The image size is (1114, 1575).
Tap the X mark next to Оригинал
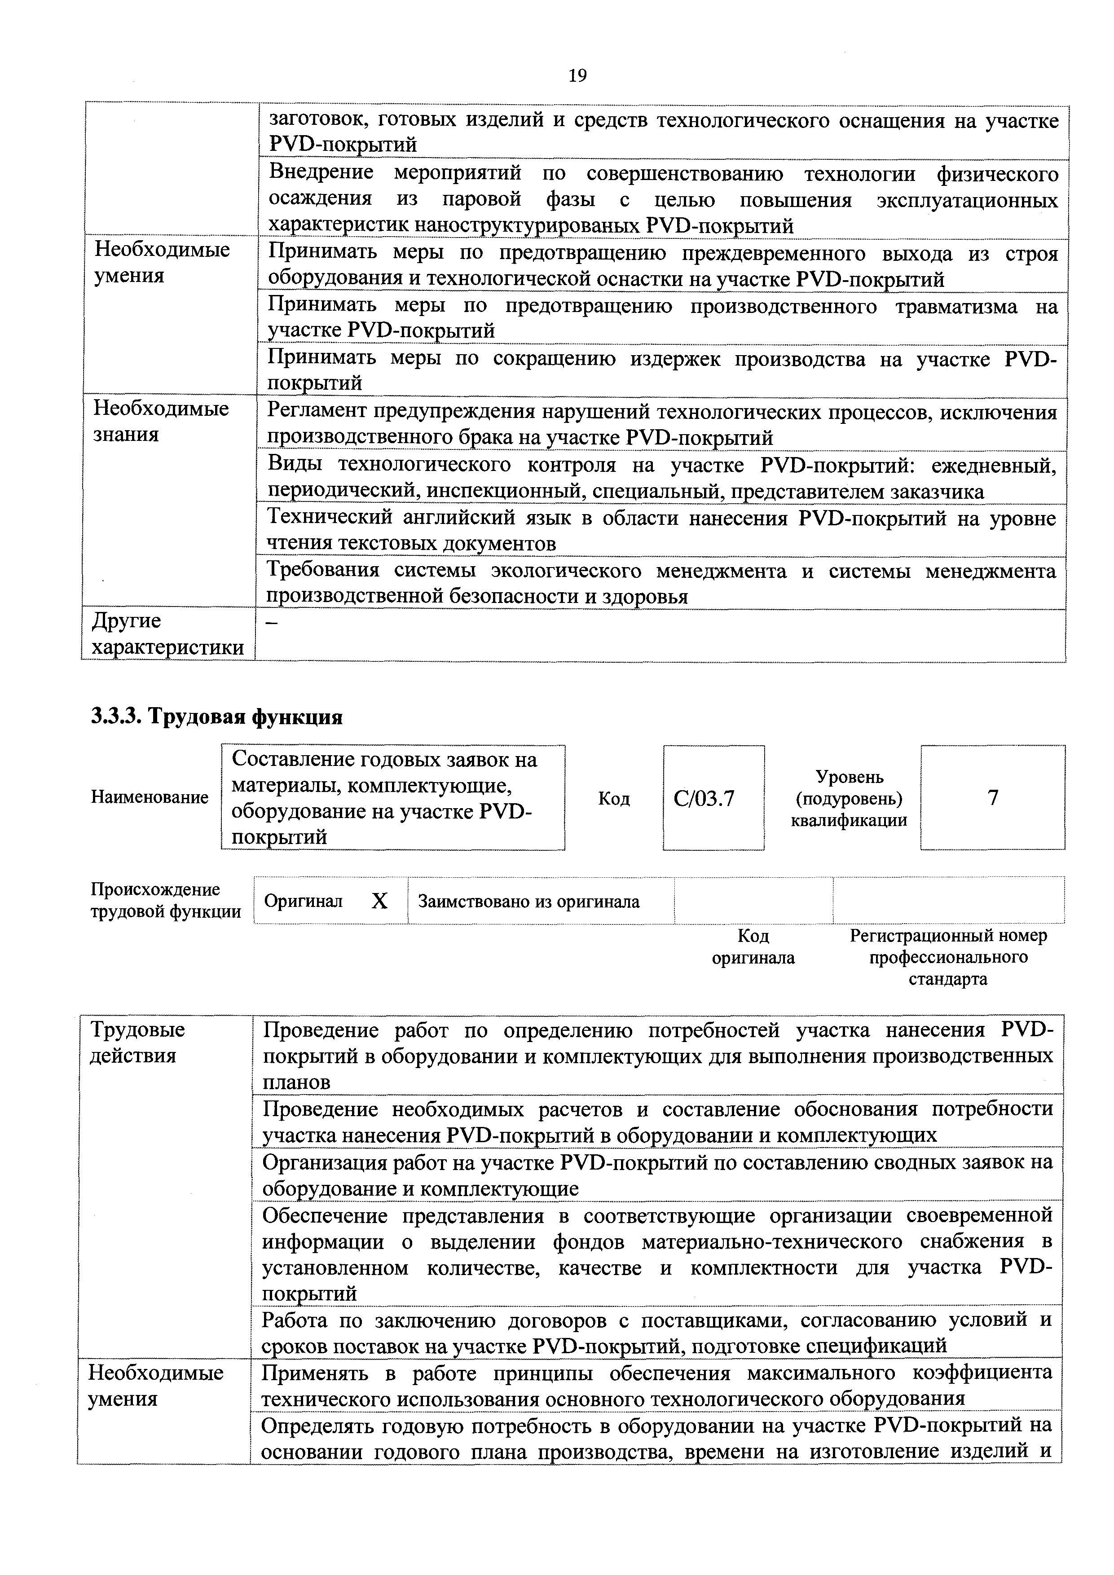tap(379, 902)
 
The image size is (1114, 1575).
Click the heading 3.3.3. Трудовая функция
tap(217, 717)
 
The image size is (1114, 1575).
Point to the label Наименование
tap(150, 798)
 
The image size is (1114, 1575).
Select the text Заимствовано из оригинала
tap(529, 902)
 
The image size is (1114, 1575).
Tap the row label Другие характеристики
tap(167, 634)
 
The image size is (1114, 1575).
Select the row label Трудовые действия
tap(137, 1042)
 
